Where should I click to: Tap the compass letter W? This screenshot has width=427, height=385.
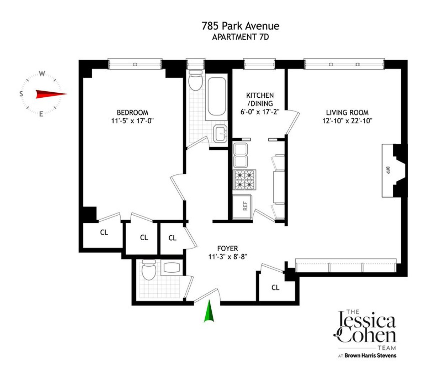tap(42, 74)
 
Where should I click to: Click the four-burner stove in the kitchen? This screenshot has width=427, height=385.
tap(245, 179)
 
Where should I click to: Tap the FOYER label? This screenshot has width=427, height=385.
tap(227, 248)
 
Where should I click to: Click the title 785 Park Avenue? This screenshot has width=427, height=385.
tap(240, 26)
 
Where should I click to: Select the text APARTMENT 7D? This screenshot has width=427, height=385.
tap(240, 37)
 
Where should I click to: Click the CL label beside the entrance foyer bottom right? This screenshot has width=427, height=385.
tap(275, 287)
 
